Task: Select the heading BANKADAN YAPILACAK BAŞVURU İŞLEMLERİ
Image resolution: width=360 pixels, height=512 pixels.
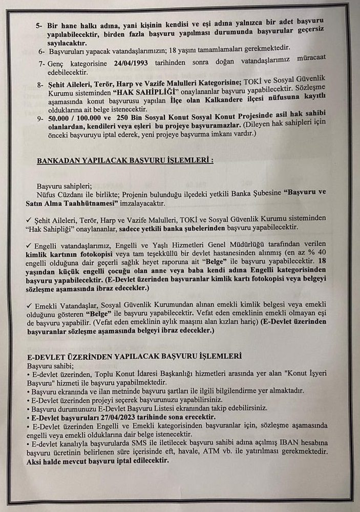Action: tap(125, 161)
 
